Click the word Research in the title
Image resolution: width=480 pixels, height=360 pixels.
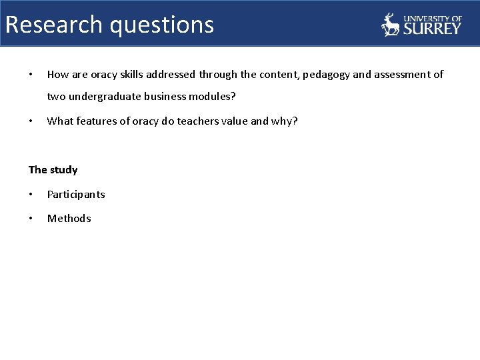tap(54, 25)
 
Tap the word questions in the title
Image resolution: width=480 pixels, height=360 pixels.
tap(162, 25)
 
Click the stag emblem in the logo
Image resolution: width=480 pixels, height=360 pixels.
tap(391, 25)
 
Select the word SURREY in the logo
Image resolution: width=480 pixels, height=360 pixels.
tap(431, 28)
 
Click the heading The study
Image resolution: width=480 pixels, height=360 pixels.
tap(53, 170)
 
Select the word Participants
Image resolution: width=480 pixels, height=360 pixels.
tap(76, 195)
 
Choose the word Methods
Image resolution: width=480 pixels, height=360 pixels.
tap(69, 219)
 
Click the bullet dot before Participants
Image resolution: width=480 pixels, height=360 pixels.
tap(31, 195)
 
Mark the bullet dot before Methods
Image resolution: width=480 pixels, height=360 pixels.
tap(31, 219)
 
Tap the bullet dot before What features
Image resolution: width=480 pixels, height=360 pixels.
tap(31, 121)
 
